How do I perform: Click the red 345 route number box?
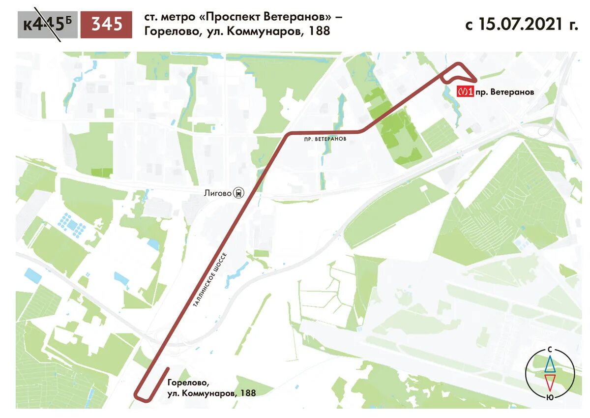[106, 25]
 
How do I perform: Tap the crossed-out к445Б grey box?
[47, 25]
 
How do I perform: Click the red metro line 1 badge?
[465, 92]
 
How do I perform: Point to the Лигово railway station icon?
[239, 193]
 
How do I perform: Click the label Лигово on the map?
[217, 193]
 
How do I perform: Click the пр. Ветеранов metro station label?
[504, 92]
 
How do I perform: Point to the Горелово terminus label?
[185, 383]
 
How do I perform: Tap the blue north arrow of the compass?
[550, 364]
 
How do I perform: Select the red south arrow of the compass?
[550, 382]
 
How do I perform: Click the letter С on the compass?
[550, 350]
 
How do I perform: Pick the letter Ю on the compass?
[550, 396]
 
